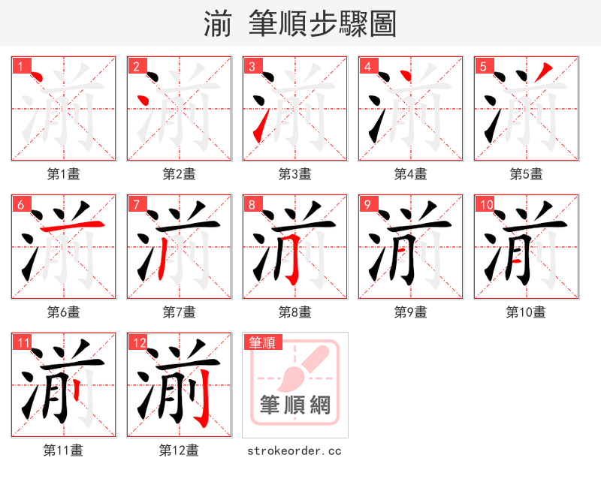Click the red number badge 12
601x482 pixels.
coord(139,343)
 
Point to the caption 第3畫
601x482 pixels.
coord(294,174)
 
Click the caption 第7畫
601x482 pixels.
coord(179,312)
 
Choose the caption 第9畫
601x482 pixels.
coord(410,312)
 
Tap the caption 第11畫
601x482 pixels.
coord(63,450)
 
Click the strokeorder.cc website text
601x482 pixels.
coord(294,450)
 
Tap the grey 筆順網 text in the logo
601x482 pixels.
coord(294,405)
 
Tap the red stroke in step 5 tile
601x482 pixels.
coord(542,73)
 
